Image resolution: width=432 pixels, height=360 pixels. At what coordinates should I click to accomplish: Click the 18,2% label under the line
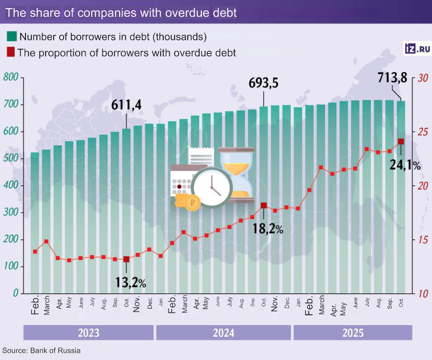click(x=268, y=229)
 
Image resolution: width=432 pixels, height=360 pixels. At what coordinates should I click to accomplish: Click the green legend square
click(x=12, y=36)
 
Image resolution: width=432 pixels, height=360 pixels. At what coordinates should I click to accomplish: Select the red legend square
click(x=11, y=52)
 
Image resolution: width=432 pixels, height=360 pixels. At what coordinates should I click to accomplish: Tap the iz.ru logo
click(x=417, y=48)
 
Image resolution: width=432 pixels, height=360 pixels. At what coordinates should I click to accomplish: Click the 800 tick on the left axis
click(x=11, y=78)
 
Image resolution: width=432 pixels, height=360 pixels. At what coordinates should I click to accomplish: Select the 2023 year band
click(x=88, y=333)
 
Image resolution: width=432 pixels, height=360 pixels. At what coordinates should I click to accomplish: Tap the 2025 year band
click(x=353, y=333)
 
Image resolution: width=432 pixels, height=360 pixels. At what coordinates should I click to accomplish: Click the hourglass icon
click(x=236, y=175)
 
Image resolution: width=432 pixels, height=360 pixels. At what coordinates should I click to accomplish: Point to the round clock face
click(x=212, y=188)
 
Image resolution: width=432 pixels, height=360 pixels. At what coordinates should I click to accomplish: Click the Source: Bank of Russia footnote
click(x=41, y=350)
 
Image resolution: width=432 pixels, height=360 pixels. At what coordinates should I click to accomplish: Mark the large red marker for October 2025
click(x=401, y=141)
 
